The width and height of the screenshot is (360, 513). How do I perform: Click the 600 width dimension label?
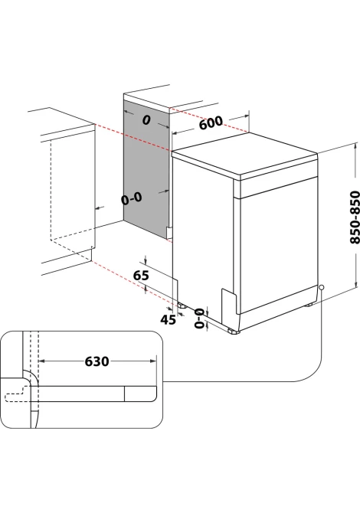click(211, 123)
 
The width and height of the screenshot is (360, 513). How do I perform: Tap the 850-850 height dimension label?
click(355, 217)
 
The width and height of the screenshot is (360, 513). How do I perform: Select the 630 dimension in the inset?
click(97, 361)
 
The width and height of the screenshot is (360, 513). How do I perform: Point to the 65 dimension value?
click(141, 275)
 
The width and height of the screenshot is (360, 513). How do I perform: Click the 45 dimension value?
click(169, 319)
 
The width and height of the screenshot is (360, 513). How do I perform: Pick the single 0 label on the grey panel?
click(146, 120)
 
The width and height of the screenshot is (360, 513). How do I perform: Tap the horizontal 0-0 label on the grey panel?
click(132, 198)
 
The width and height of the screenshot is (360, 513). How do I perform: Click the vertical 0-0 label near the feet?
click(199, 318)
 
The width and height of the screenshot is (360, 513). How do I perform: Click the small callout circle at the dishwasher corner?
click(322, 287)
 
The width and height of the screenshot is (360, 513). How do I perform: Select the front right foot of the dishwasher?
click(308, 306)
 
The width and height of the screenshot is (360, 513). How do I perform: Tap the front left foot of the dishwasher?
click(234, 332)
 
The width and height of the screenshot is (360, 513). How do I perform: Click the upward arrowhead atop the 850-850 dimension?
click(355, 146)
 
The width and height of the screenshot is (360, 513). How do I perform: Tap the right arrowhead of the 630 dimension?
click(153, 361)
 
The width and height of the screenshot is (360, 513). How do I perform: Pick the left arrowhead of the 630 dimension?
click(42, 361)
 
